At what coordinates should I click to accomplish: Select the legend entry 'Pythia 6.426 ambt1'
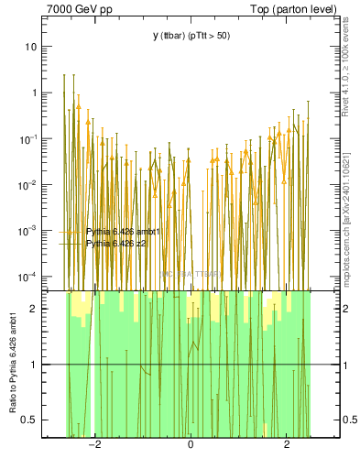point(123,232)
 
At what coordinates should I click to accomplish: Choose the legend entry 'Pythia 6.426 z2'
point(117,244)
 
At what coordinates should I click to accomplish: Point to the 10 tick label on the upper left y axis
point(30,47)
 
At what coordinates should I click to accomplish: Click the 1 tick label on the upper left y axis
point(33,93)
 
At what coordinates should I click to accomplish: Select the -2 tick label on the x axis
point(93,444)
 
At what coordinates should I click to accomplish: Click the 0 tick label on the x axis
point(191,444)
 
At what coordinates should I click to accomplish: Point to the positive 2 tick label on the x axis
point(287,444)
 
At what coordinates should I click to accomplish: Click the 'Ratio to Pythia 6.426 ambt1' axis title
point(13,364)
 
